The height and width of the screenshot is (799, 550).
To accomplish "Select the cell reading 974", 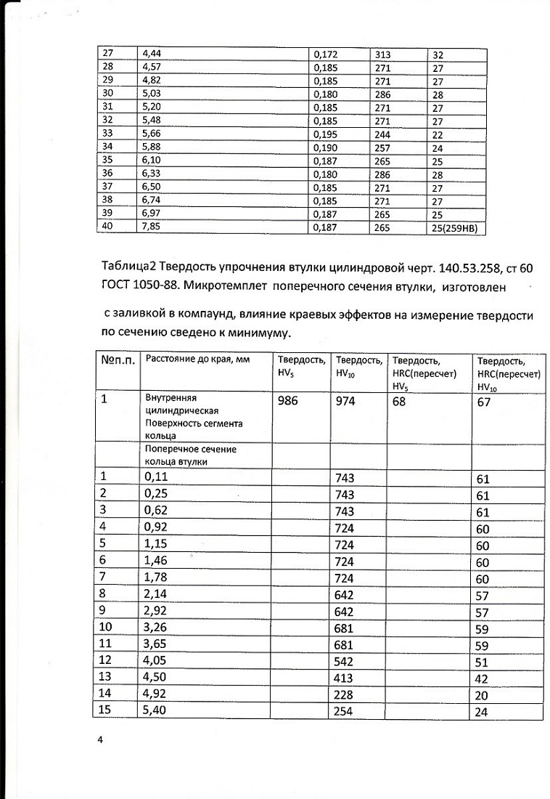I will click(x=345, y=401).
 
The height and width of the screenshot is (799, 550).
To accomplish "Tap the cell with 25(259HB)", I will click(x=458, y=228).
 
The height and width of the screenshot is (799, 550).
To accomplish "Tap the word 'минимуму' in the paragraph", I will click(x=258, y=334).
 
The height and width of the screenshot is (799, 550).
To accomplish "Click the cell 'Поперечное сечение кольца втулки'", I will click(x=190, y=455).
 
